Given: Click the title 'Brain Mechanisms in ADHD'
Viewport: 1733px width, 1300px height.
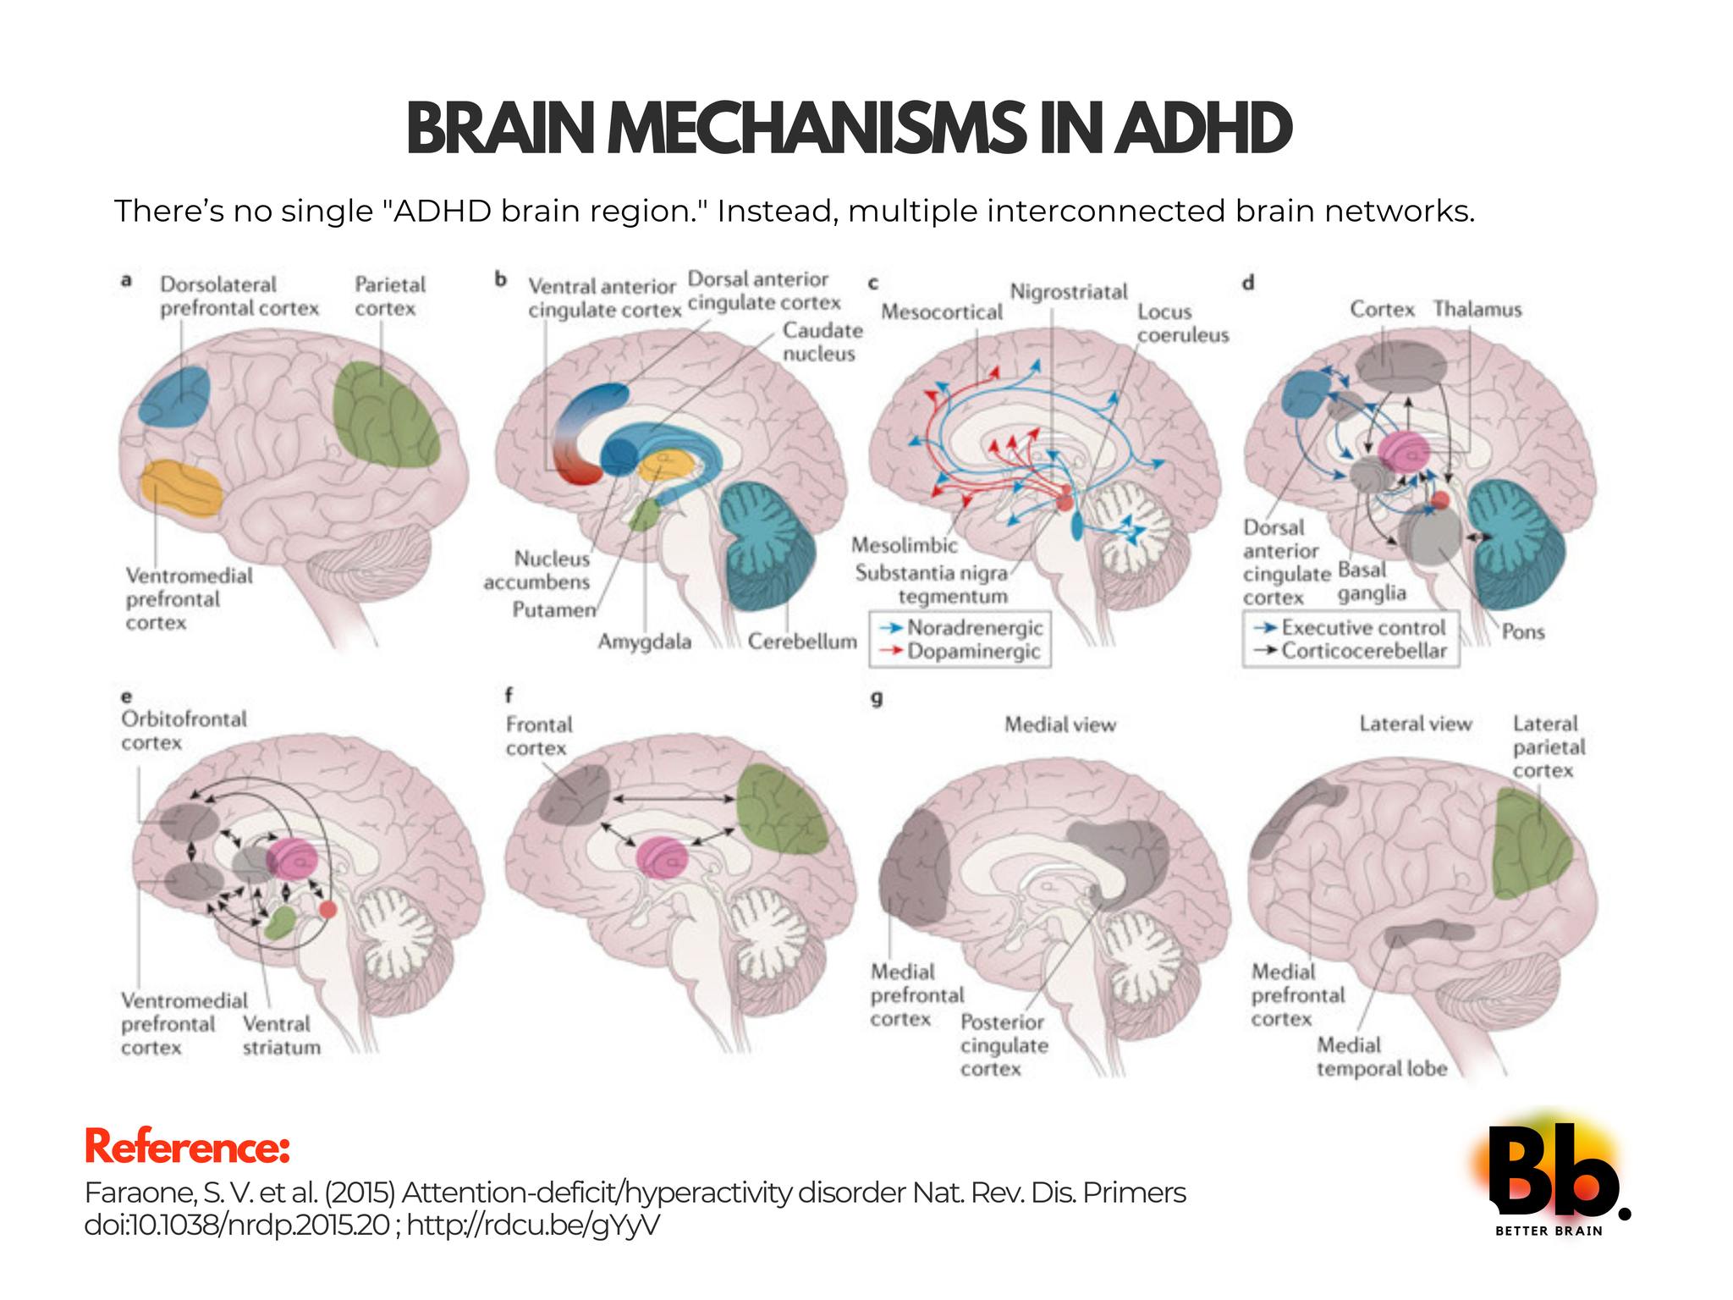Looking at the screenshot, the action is [849, 129].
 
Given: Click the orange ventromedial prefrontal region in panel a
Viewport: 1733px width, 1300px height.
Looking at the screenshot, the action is [181, 487].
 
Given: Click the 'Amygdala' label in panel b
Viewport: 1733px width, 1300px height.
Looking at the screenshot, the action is [645, 642].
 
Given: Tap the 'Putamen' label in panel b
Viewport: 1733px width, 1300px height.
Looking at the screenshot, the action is [554, 609].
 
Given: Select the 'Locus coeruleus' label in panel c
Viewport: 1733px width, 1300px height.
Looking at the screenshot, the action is [1183, 323].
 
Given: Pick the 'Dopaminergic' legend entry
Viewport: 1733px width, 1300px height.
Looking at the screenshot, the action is [973, 652].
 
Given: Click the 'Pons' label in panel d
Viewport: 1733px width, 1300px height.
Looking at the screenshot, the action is [1523, 632].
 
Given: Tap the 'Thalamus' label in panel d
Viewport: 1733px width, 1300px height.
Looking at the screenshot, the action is [1477, 310].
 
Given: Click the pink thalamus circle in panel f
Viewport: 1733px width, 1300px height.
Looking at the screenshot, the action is [664, 857].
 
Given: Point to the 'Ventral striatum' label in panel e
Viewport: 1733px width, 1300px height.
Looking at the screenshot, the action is [282, 1035].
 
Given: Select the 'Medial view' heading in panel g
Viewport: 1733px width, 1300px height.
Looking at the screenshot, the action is [1060, 724].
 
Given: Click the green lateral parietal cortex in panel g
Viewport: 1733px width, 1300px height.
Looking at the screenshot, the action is [1531, 842].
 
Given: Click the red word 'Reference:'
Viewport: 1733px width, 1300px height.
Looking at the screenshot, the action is [187, 1149].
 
